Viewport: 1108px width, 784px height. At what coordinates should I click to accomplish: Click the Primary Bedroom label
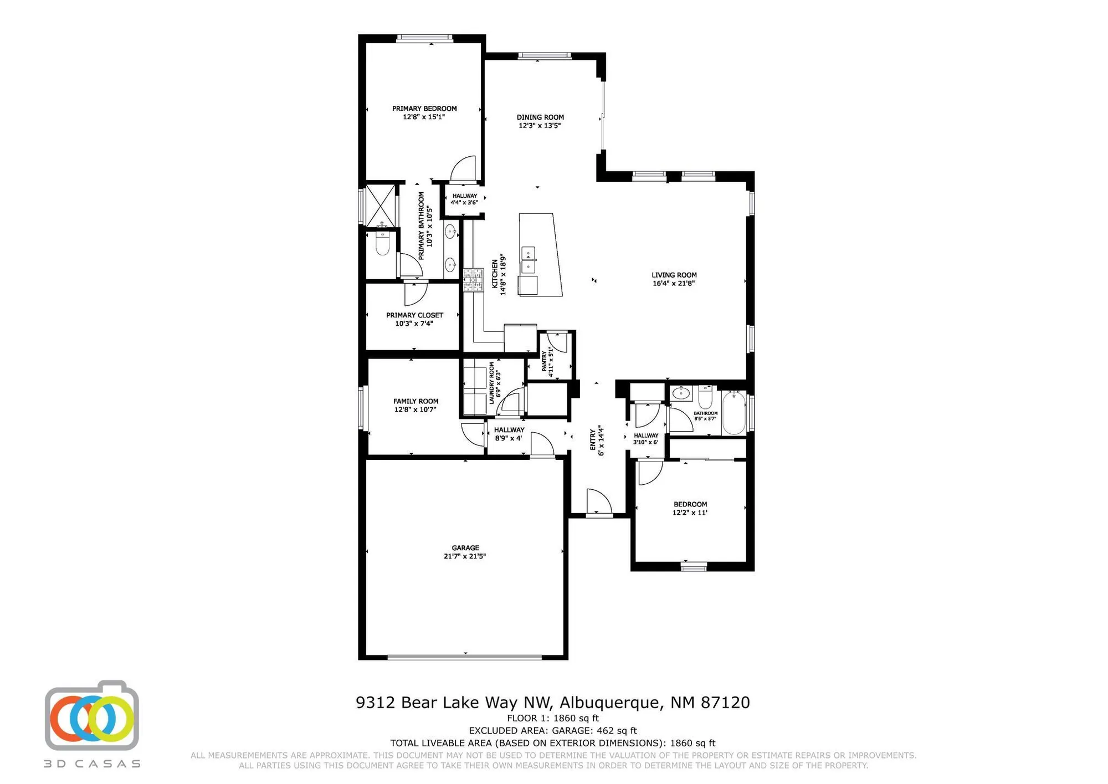tap(424, 109)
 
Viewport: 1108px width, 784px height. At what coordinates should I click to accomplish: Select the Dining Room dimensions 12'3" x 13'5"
tap(540, 126)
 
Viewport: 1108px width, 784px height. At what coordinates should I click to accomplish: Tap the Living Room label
tap(674, 275)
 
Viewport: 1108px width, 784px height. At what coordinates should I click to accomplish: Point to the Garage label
tap(465, 548)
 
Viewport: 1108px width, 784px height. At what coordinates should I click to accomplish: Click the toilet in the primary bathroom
tap(382, 242)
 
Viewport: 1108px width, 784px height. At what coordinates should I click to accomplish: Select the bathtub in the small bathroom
tap(733, 413)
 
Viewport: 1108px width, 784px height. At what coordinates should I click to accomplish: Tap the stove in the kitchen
tap(473, 280)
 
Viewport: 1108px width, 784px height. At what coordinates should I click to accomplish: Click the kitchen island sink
tap(528, 260)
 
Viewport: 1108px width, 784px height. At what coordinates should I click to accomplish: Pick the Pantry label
tap(545, 361)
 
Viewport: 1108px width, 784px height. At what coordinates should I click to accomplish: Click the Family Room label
tap(416, 401)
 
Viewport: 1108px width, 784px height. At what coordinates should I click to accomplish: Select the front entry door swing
tap(599, 502)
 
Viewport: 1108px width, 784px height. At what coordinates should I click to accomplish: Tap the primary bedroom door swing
tap(463, 169)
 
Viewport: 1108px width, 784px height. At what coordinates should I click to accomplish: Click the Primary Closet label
tap(414, 315)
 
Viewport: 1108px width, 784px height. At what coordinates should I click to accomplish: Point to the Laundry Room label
tap(491, 383)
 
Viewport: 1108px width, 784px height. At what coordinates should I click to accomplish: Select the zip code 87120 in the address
tap(725, 703)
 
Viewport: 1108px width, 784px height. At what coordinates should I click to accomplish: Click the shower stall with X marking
tap(381, 205)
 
